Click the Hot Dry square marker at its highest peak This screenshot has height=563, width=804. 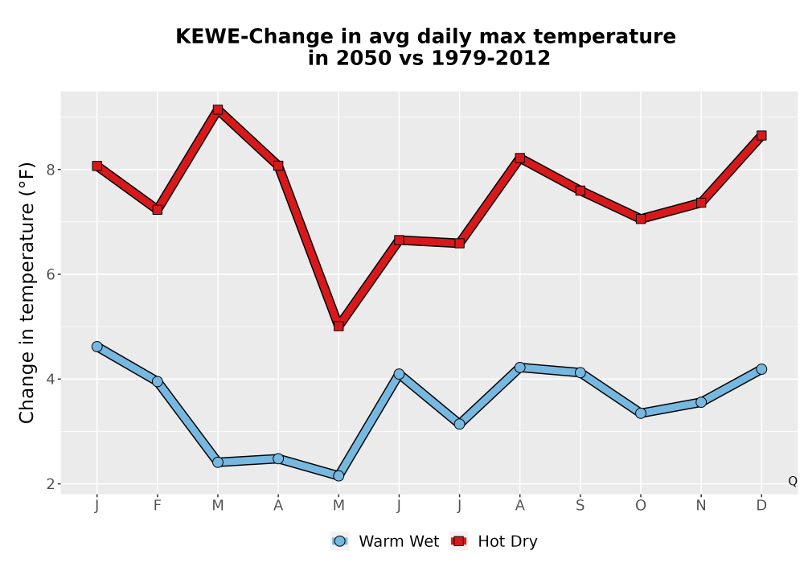point(218,109)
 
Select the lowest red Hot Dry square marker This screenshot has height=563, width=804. point(338,326)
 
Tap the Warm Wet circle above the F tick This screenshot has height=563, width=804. point(158,381)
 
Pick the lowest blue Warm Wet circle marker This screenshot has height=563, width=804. point(338,476)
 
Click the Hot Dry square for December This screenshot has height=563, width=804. point(761,135)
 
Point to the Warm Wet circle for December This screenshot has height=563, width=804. point(761,369)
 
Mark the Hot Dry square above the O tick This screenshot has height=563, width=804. point(641,219)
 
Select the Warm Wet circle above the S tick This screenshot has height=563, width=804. point(580,372)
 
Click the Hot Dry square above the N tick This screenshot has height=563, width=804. point(701,203)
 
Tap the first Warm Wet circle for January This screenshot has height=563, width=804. point(97,347)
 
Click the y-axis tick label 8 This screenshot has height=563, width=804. point(51,170)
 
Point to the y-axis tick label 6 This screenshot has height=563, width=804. point(51,274)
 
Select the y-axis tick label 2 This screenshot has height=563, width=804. point(51,484)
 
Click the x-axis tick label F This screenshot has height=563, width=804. point(158,506)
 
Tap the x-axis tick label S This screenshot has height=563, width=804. point(580,506)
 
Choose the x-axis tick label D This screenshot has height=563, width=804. point(761,506)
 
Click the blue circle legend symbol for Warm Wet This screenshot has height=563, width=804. point(339,541)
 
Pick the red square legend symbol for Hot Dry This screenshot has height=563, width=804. point(459,541)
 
